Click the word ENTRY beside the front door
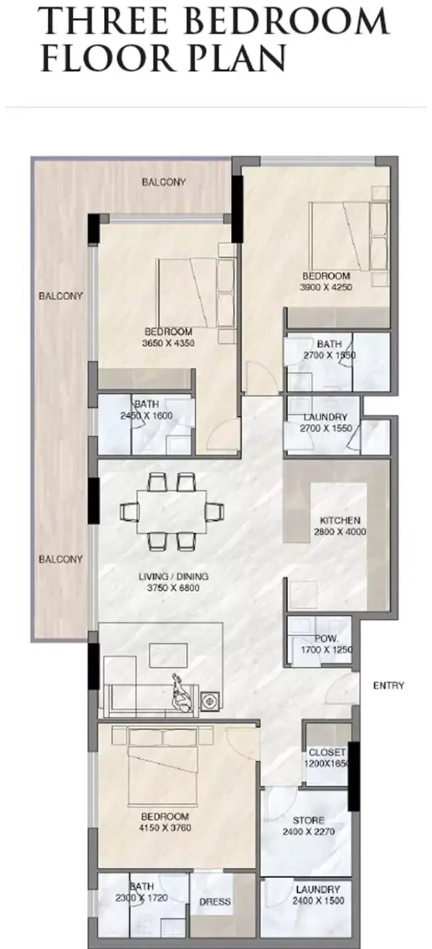point(389,685)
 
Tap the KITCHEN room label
point(340,520)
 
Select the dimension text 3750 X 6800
point(173,588)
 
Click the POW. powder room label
point(327,638)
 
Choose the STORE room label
point(308,820)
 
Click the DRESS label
point(215,902)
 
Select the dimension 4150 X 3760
point(165,828)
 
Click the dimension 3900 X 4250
point(326,287)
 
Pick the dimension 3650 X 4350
point(169,343)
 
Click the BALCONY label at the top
point(163,182)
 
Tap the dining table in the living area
point(172,511)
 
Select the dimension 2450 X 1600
point(146,416)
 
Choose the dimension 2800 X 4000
point(340,532)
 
